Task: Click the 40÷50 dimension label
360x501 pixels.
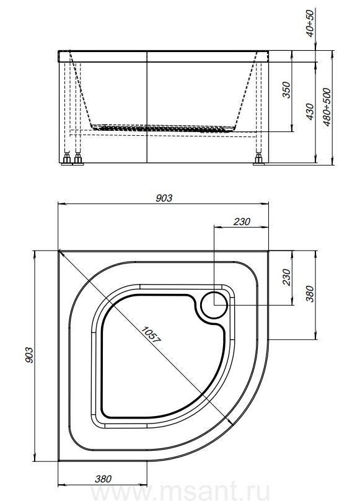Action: pos(310,23)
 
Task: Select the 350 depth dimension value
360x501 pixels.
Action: pos(287,90)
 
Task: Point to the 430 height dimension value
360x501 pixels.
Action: pos(310,112)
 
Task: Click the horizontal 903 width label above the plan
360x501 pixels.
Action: pos(164,198)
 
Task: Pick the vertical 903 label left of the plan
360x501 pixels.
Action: pos(29,355)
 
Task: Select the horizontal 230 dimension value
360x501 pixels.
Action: pos(242,221)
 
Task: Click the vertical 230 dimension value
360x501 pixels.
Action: pos(287,277)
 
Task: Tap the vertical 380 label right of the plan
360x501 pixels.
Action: pos(310,294)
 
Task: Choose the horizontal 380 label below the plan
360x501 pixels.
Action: pos(103,479)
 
